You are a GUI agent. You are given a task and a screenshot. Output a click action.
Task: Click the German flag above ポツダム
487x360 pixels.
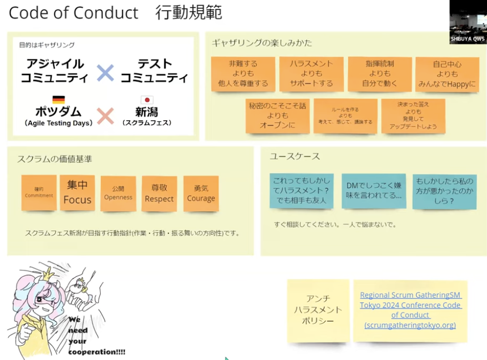pyautogui.click(x=58, y=100)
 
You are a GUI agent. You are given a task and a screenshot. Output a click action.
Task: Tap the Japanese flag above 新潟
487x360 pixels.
pyautogui.click(x=147, y=100)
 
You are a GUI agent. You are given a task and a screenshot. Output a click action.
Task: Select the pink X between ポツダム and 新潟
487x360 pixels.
pyautogui.click(x=105, y=116)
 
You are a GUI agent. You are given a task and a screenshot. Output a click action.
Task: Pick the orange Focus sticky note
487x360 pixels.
pyautogui.click(x=77, y=193)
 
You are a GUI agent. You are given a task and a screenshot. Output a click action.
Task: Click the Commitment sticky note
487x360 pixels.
pyautogui.click(x=39, y=193)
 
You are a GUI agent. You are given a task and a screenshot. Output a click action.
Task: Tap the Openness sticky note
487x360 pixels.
pyautogui.click(x=118, y=193)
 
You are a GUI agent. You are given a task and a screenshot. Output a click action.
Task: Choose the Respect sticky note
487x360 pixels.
pyautogui.click(x=159, y=193)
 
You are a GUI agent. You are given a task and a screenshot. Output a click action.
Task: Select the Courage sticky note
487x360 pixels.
pyautogui.click(x=201, y=193)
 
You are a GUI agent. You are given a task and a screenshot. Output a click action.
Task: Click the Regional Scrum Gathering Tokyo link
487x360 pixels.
pyautogui.click(x=411, y=310)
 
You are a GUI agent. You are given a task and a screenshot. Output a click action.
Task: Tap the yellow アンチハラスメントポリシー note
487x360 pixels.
pyautogui.click(x=318, y=310)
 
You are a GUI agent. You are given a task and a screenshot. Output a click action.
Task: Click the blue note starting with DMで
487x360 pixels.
pyautogui.click(x=373, y=191)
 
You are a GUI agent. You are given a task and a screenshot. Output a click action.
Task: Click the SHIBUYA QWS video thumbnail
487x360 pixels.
pyautogui.click(x=467, y=22)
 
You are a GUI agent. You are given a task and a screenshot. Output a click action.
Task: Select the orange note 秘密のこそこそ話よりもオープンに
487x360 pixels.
pyautogui.click(x=277, y=116)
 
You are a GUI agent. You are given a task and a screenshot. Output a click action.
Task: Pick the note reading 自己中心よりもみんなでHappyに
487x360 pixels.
pyautogui.click(x=447, y=74)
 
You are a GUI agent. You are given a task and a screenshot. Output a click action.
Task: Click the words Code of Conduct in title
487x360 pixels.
pyautogui.click(x=73, y=13)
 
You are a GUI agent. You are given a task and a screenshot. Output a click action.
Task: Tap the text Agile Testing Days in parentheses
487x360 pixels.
pyautogui.click(x=58, y=123)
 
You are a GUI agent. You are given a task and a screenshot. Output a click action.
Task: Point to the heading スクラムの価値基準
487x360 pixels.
pyautogui.click(x=54, y=160)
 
